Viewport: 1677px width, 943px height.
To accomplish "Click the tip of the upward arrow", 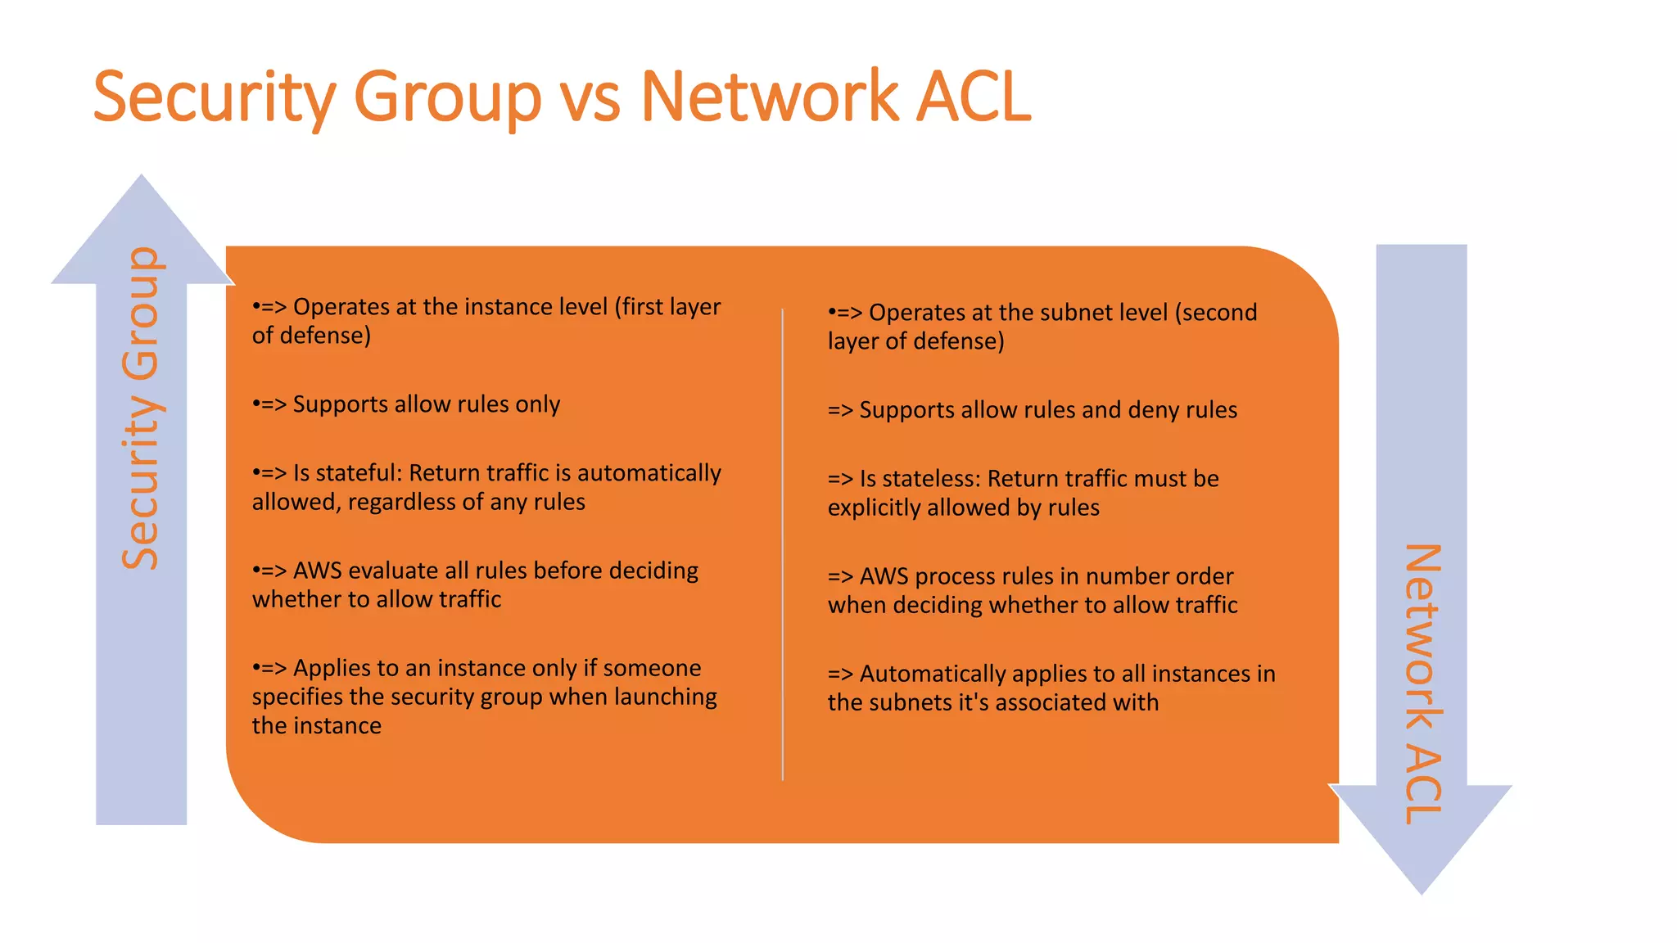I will [142, 177].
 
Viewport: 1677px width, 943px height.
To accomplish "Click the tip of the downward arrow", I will [1422, 891].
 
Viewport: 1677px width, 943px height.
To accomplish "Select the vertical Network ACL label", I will [1422, 684].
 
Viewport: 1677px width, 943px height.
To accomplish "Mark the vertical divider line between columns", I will [783, 544].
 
